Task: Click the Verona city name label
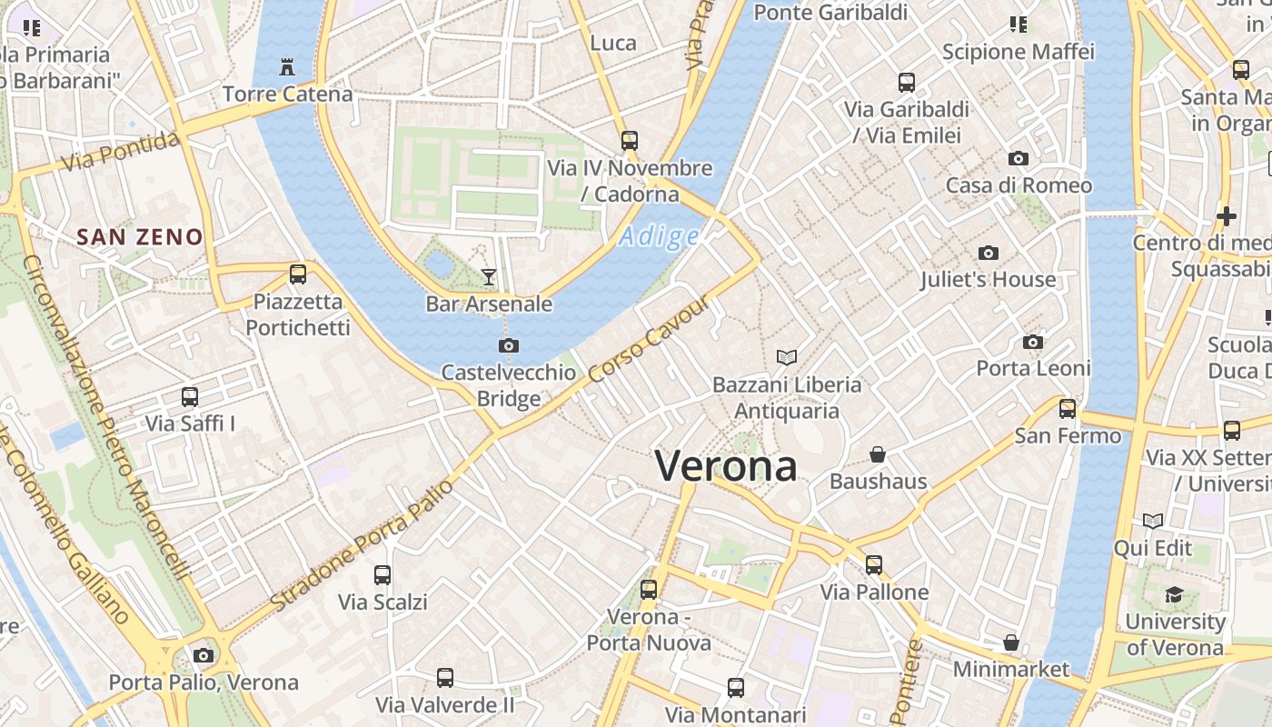click(726, 466)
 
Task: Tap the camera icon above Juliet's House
click(989, 253)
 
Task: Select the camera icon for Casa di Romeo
click(1019, 159)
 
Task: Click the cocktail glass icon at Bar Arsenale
click(489, 276)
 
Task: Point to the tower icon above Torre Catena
click(287, 66)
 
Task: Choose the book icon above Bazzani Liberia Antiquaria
click(787, 357)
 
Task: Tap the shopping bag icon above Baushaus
click(878, 453)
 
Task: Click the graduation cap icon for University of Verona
click(1174, 595)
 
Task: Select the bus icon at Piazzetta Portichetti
click(297, 274)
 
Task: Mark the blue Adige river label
click(660, 237)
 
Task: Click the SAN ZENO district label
click(140, 238)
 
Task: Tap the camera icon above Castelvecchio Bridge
click(509, 345)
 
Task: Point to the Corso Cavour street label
click(648, 339)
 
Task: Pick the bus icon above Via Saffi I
click(189, 396)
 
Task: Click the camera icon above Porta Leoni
click(1033, 342)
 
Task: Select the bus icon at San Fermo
click(1068, 408)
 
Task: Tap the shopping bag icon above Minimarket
click(1010, 642)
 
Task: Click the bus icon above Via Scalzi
click(383, 574)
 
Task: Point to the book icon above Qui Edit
click(1153, 521)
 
